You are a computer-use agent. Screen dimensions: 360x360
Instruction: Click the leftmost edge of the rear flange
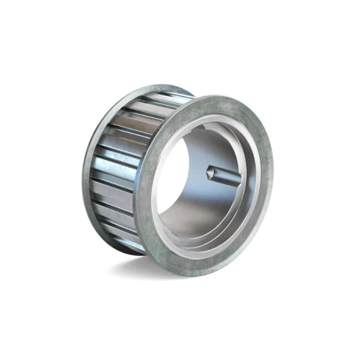point(83,174)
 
